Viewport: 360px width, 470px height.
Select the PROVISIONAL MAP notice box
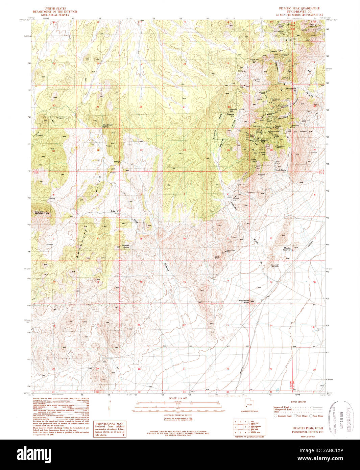coord(110,429)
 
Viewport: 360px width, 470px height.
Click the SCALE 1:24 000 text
coord(177,399)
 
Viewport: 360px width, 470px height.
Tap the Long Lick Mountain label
coord(40,213)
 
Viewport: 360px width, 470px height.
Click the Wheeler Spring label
coord(125,246)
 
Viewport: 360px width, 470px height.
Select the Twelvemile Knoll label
coord(244,301)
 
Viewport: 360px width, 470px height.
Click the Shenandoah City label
coord(291,90)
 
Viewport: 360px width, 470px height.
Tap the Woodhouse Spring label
coord(108,125)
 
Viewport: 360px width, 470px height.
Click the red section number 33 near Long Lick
coord(141,150)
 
